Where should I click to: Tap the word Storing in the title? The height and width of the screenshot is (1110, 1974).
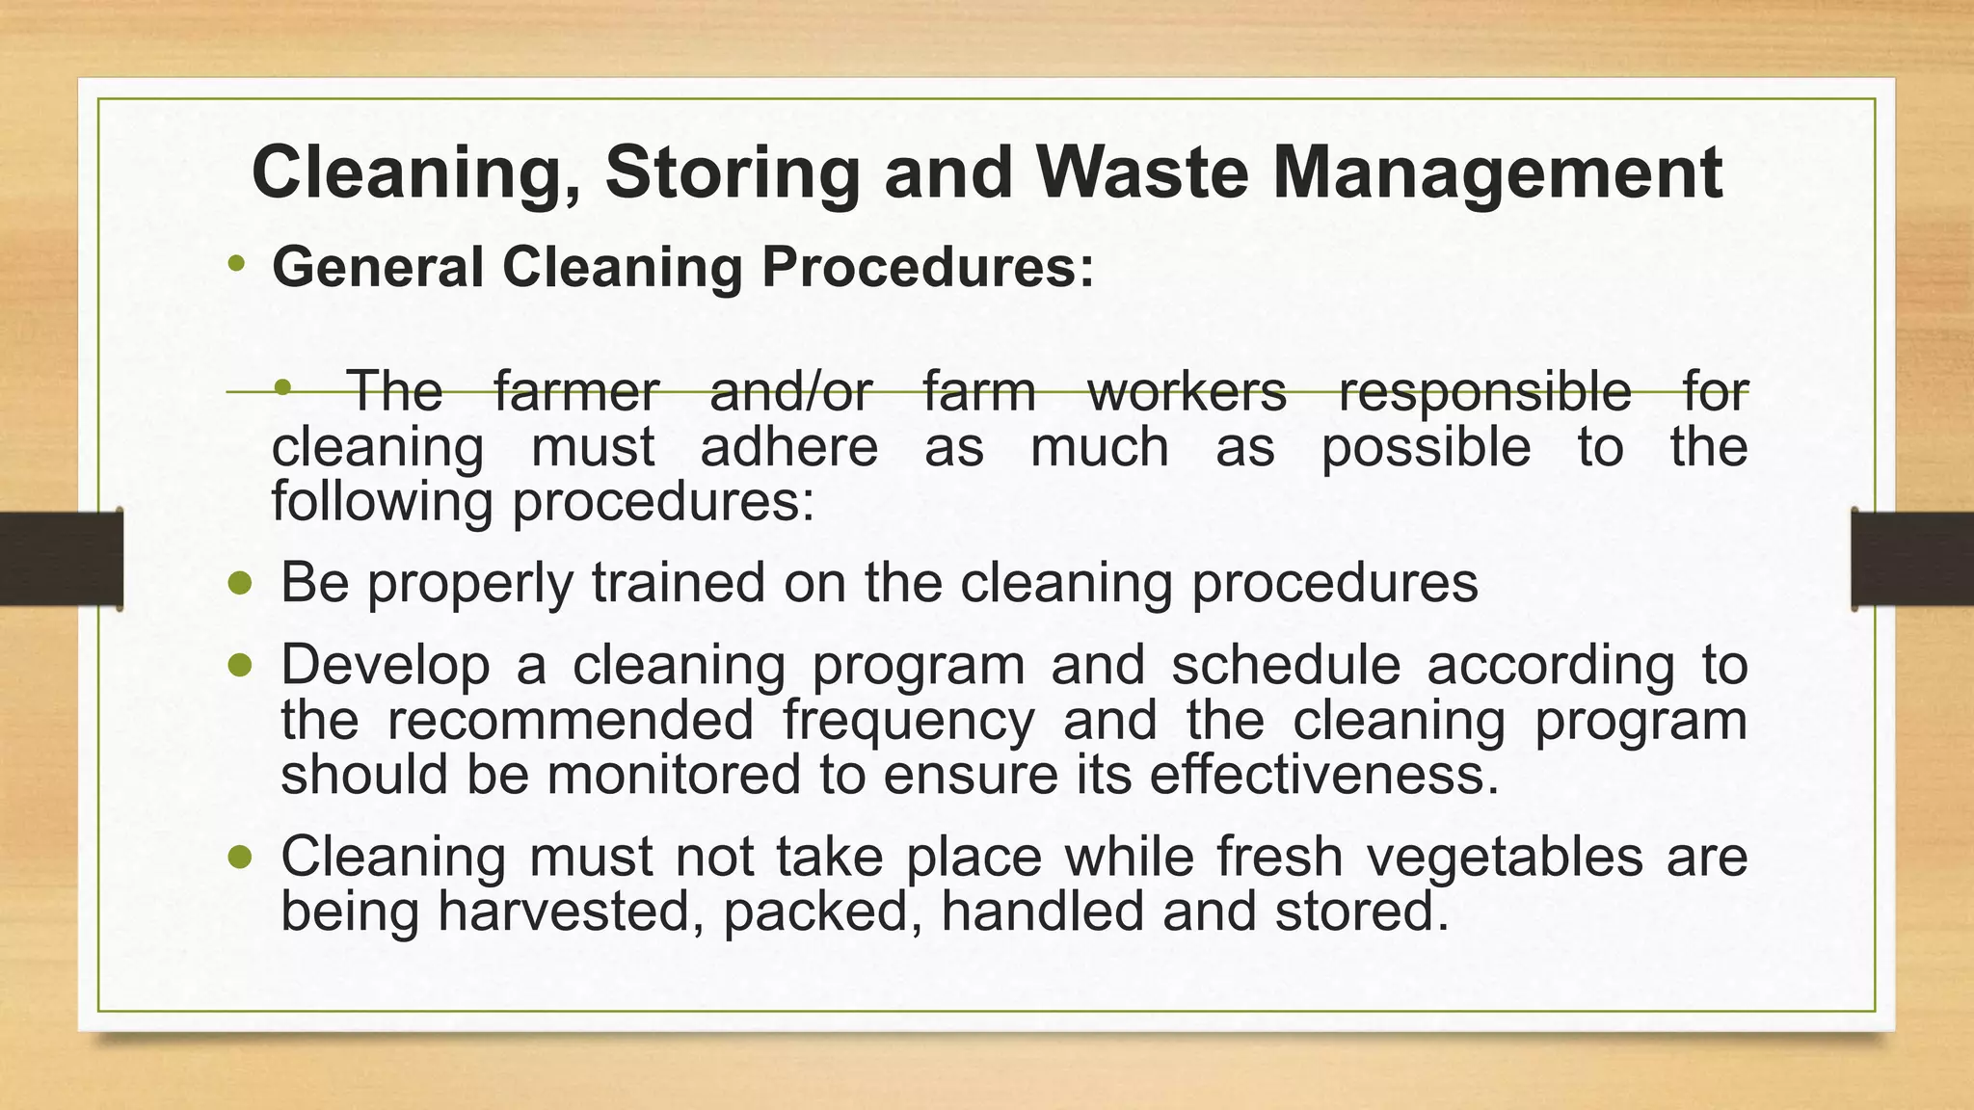(732, 173)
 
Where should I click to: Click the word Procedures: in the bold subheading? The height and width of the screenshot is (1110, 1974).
(928, 267)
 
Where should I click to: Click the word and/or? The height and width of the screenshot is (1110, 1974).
(790, 391)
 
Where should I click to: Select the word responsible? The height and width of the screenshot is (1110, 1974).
(1484, 391)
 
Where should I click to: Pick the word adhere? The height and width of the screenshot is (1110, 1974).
(789, 447)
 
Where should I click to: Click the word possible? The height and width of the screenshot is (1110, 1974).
(1426, 447)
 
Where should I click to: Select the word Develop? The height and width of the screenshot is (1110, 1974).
(385, 665)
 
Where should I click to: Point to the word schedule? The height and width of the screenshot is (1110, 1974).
(1286, 665)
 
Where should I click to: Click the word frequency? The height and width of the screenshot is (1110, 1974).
(908, 720)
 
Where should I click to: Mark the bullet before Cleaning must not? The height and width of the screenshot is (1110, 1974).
(241, 857)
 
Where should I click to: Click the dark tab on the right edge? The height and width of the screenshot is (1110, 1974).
(1912, 559)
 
